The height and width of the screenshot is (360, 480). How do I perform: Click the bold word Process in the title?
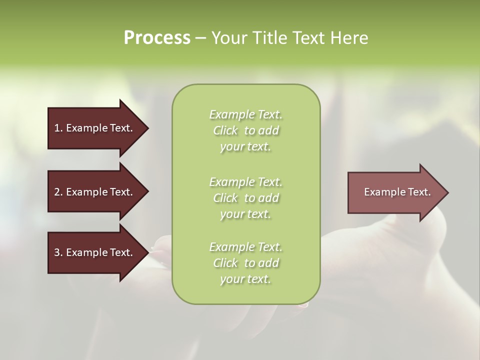tap(157, 38)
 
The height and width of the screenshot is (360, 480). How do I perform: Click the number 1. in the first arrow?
tap(58, 128)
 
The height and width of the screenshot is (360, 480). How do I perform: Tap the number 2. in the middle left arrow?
tap(58, 192)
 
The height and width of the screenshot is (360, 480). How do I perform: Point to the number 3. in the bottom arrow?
tap(58, 252)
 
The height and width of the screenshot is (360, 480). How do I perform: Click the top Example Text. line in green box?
tap(245, 114)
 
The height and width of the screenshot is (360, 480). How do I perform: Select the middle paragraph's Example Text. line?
tap(245, 181)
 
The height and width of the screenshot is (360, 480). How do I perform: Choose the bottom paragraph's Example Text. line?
tap(245, 247)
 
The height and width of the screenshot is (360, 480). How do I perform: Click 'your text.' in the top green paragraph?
tap(245, 147)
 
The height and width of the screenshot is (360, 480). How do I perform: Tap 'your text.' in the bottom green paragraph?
tap(245, 279)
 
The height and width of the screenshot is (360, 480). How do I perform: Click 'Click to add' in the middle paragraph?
tap(245, 198)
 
